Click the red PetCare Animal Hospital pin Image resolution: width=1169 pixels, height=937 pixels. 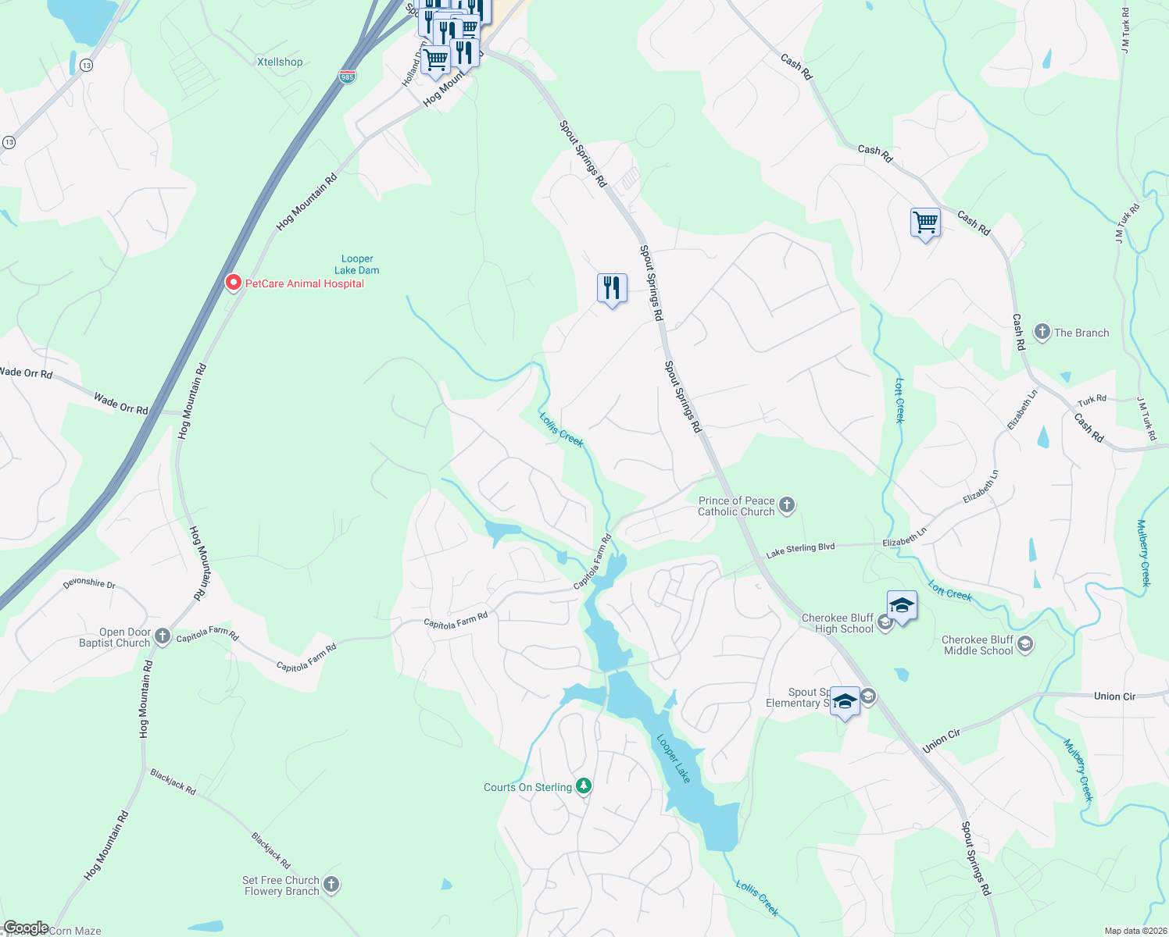point(233,283)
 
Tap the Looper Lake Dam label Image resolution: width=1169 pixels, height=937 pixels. point(357,265)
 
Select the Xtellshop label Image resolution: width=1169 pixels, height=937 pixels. point(280,62)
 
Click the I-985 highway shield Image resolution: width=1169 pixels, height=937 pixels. point(348,77)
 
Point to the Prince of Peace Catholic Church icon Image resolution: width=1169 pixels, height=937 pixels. point(787,505)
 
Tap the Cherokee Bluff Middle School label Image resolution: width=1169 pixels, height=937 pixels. point(978,645)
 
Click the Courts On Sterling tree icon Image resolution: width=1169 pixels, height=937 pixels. point(583,786)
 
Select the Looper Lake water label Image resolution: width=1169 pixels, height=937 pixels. point(674,758)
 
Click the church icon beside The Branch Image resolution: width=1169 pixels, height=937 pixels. point(1042,332)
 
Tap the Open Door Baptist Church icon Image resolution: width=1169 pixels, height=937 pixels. point(163,636)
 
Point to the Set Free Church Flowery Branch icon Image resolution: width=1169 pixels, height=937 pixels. point(331,885)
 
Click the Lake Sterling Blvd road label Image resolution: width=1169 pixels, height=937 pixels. point(800,550)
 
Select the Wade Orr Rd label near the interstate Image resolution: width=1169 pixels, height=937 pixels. point(121,404)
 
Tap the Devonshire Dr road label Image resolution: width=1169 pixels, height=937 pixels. point(89,583)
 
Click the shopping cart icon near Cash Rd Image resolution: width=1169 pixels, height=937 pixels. point(925,223)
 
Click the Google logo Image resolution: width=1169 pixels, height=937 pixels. point(26,928)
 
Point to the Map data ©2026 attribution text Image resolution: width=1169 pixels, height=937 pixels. point(1135,931)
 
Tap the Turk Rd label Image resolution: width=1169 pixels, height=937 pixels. point(1092,400)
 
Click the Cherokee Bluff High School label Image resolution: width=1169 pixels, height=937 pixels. point(838,623)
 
